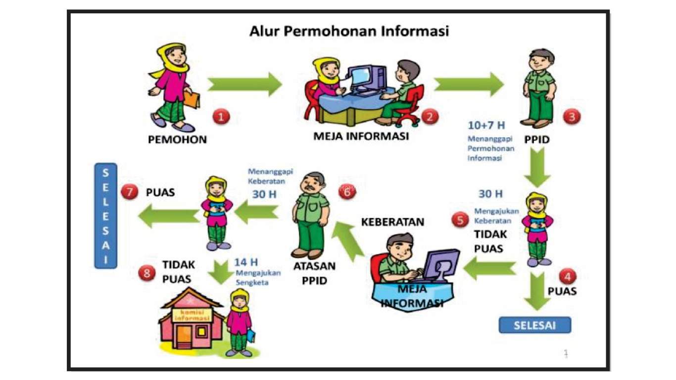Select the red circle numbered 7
click(130, 192)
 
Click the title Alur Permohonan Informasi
click(349, 31)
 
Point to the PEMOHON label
click(177, 140)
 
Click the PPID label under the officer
click(537, 140)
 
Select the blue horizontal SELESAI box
click(534, 325)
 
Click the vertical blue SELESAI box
click(106, 216)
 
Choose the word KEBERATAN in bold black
click(392, 222)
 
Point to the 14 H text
click(246, 262)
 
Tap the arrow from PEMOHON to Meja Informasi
click(244, 84)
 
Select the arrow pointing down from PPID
click(538, 169)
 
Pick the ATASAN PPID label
click(314, 273)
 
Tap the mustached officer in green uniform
click(310, 215)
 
